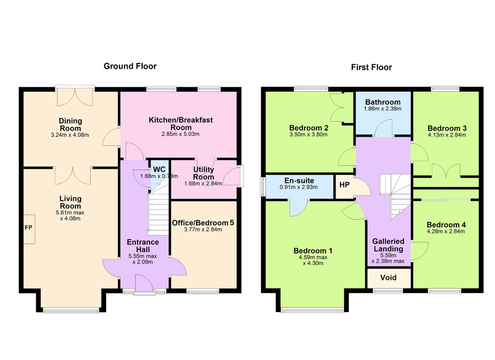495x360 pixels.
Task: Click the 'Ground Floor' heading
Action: click(x=130, y=66)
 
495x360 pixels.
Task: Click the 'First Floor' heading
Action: click(x=372, y=67)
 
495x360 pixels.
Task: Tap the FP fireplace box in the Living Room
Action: click(x=29, y=229)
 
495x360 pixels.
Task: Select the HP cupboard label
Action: click(x=345, y=185)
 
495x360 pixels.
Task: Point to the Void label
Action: click(x=388, y=278)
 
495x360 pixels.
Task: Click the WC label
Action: click(x=159, y=169)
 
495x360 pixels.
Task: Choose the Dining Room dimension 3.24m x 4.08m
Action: click(x=70, y=135)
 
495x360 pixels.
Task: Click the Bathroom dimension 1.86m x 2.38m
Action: click(x=383, y=109)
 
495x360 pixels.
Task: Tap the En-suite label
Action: click(x=299, y=181)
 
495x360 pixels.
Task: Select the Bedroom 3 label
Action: click(x=447, y=128)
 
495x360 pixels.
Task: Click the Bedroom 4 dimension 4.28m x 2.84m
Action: click(x=446, y=231)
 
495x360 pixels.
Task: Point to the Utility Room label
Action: click(x=203, y=173)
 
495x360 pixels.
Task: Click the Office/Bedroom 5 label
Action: click(x=203, y=223)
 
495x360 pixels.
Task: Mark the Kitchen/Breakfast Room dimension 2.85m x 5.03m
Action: click(x=181, y=134)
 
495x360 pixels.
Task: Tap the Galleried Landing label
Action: click(x=388, y=245)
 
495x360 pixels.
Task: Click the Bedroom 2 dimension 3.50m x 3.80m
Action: click(x=308, y=135)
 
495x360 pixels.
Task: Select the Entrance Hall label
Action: click(x=143, y=246)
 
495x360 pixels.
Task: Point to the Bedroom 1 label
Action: click(x=313, y=251)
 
